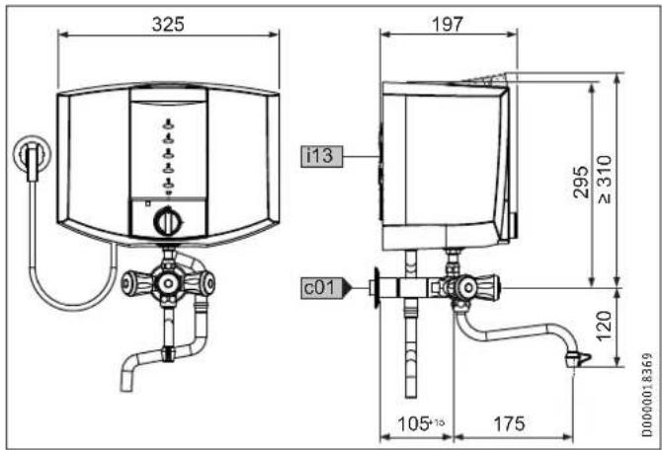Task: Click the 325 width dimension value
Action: click(168, 24)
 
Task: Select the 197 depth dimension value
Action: click(448, 24)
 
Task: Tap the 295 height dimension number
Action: click(581, 183)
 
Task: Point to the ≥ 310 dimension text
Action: click(604, 180)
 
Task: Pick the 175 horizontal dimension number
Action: click(509, 423)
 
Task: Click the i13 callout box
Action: click(322, 156)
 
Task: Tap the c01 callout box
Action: click(322, 288)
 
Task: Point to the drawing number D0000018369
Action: click(647, 395)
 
